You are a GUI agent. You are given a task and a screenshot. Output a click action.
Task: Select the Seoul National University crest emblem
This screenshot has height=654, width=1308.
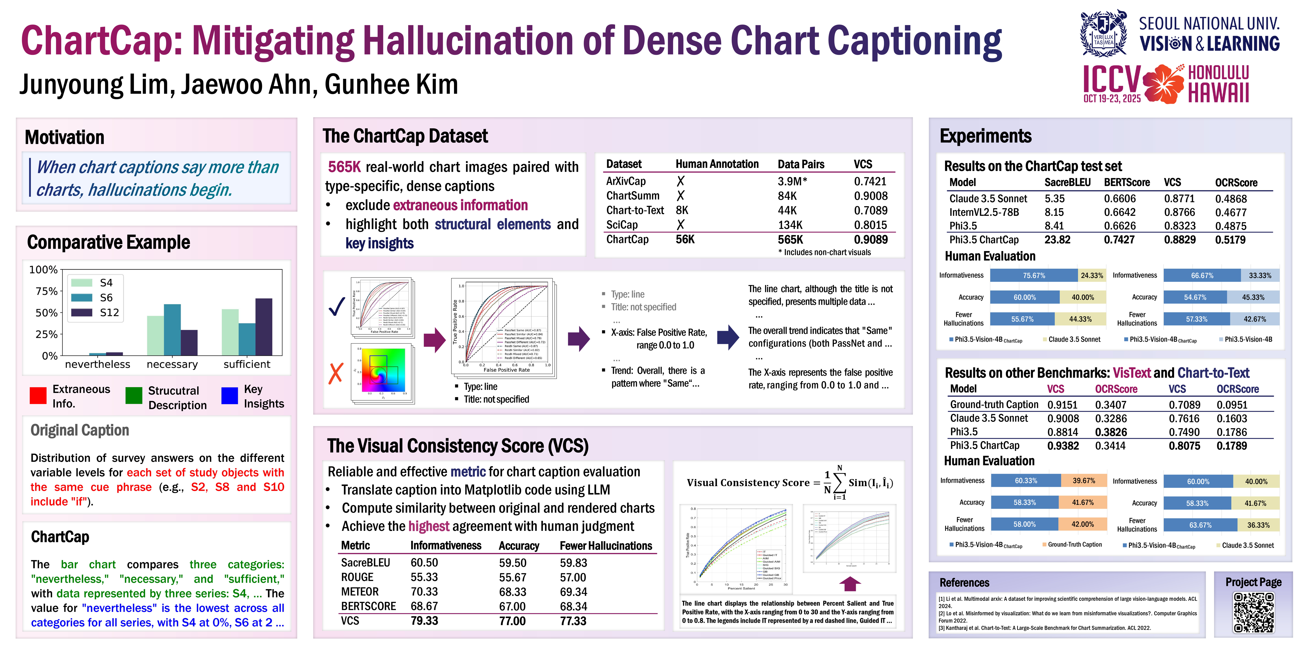tap(1103, 33)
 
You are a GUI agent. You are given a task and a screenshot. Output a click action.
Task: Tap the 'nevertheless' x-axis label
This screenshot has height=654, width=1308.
tap(98, 364)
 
